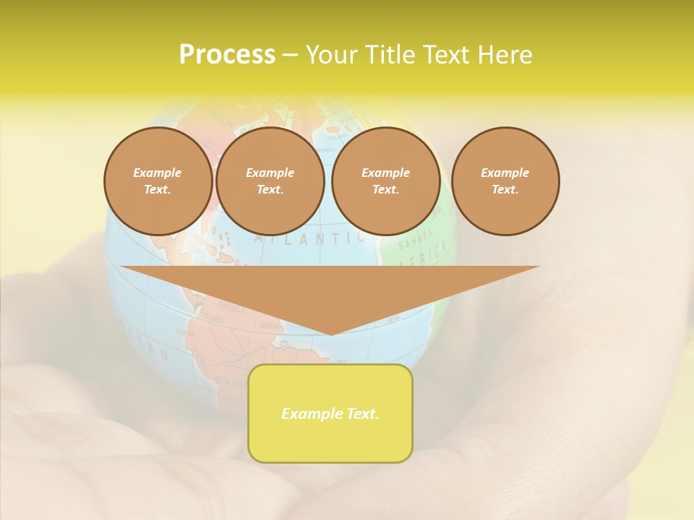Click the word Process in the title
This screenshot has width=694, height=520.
tap(227, 55)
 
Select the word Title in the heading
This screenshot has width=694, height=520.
tap(390, 55)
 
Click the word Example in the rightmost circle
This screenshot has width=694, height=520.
tap(505, 173)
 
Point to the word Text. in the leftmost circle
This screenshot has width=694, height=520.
tap(158, 190)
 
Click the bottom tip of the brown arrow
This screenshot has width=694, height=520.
tap(331, 333)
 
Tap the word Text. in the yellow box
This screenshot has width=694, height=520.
tap(361, 414)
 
